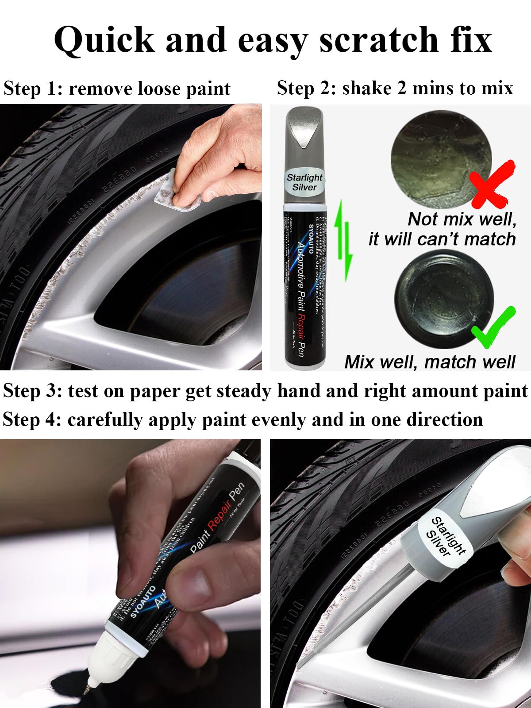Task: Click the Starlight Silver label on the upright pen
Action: point(304,182)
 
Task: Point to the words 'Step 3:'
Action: point(32,391)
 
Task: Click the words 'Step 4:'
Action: point(32,419)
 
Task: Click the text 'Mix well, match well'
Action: point(430,362)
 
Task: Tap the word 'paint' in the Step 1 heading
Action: point(208,88)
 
